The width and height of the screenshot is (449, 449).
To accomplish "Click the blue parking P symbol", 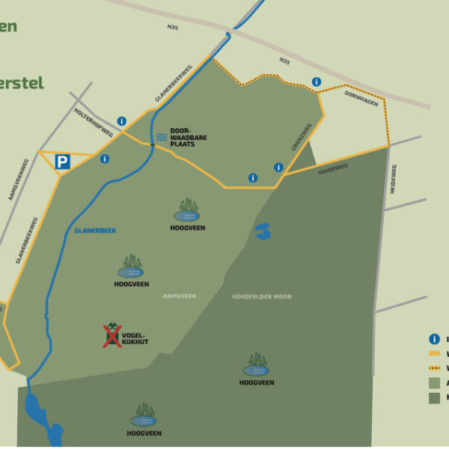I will (63, 162).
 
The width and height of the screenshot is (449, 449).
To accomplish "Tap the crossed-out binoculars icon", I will (112, 335).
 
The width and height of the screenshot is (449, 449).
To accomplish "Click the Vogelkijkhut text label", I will (135, 338).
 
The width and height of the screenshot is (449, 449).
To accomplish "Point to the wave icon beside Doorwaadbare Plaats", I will (162, 136).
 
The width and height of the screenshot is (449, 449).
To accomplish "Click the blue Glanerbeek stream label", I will (94, 230).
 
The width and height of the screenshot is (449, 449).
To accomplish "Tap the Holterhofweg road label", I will (94, 122).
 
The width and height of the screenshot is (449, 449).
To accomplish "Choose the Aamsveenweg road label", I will (17, 179).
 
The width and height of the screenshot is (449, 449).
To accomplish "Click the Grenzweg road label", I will (301, 138).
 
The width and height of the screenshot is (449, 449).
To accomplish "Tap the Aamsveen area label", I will (180, 296).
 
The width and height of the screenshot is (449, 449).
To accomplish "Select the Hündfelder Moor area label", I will (262, 297).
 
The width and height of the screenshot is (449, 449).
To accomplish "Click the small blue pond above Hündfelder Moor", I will (262, 232).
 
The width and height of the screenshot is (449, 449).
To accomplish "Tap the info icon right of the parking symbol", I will (104, 159).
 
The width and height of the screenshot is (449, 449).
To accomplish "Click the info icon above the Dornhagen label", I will (317, 82).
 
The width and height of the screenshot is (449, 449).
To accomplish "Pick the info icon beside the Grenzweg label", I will (278, 168).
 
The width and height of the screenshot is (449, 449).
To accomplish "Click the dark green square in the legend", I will (434, 398).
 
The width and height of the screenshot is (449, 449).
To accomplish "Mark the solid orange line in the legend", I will (434, 353).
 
